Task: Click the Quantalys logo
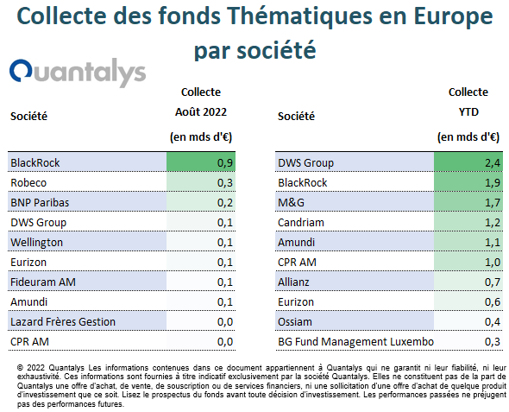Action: point(78,73)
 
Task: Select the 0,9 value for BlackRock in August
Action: point(225,162)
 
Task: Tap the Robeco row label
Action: point(28,182)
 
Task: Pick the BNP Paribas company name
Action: point(40,202)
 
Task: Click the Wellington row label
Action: point(37,243)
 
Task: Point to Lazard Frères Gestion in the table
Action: point(63,321)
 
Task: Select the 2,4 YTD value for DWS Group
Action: point(493,162)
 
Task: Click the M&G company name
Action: point(292,202)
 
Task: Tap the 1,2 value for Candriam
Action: point(493,223)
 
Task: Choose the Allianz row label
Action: point(293,282)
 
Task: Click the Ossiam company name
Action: point(295,321)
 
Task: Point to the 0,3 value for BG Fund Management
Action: point(493,341)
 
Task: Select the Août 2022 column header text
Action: point(201,112)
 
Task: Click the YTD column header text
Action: point(468,112)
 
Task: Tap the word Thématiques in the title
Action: point(299,16)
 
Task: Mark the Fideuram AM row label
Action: point(43,282)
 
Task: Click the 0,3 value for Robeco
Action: point(225,182)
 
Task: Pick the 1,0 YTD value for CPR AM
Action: point(493,263)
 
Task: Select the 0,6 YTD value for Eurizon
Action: point(493,301)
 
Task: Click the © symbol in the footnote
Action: point(20,368)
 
